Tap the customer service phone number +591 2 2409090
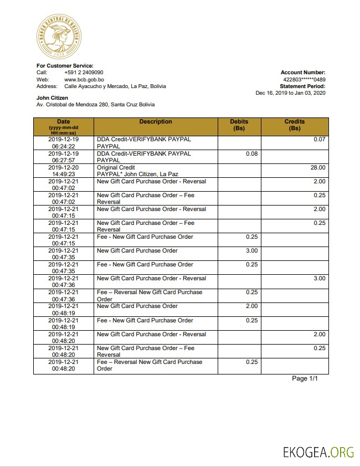tap(84, 73)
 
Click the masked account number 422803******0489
tap(304, 79)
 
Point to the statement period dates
tap(290, 93)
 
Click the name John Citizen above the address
tap(52, 98)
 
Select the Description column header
tap(156, 122)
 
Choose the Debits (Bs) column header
tap(239, 125)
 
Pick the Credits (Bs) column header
tap(295, 125)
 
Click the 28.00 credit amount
tap(318, 167)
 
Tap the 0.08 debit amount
tap(251, 153)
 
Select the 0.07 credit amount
tap(319, 140)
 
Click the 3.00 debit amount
tap(251, 251)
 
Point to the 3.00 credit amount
tap(319, 279)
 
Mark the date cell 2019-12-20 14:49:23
tap(63, 171)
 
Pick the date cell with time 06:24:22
tap(63, 143)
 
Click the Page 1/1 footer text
tap(305, 378)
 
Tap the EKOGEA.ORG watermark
tap(318, 452)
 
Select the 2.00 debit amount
tap(251, 306)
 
